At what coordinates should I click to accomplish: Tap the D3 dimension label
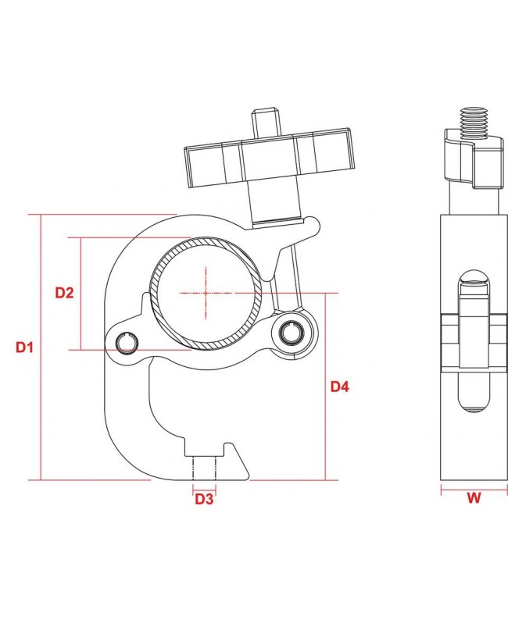[x=204, y=498]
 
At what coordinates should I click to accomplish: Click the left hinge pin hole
[x=127, y=343]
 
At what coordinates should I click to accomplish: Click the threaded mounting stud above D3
[x=204, y=468]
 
